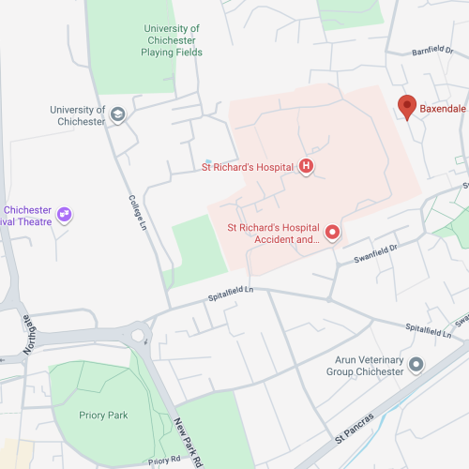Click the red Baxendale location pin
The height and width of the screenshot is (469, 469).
tap(407, 106)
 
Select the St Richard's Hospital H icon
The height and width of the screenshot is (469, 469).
tap(305, 167)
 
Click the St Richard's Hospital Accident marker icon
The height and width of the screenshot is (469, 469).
tap(331, 231)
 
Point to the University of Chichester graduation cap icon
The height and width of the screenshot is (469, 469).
tap(118, 115)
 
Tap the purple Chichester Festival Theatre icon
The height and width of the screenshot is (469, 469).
tap(65, 215)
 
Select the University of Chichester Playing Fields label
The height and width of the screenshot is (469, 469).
tap(172, 40)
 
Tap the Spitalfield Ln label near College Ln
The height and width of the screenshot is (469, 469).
tap(230, 294)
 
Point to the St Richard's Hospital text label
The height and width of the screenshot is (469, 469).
tap(248, 168)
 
